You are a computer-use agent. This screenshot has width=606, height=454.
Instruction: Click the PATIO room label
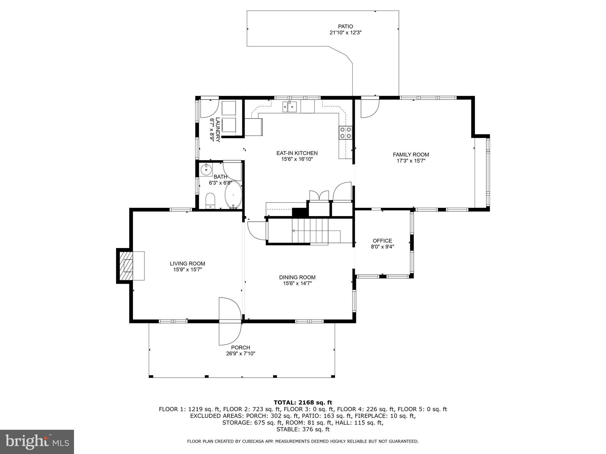[x=346, y=27]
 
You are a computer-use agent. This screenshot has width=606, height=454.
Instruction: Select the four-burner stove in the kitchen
[x=346, y=132]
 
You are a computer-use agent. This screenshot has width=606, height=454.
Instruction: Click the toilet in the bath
[x=210, y=201]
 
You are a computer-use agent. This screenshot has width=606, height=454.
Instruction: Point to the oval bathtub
[x=233, y=195]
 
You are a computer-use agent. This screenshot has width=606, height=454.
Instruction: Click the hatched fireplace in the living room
[x=126, y=266]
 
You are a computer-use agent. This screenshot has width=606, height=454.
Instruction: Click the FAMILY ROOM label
[x=411, y=155]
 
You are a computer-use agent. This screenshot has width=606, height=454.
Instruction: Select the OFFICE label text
[x=382, y=241]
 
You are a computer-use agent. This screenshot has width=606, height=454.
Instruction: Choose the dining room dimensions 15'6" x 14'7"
[x=297, y=283]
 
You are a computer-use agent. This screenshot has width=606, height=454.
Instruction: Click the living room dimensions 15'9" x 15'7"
[x=188, y=270]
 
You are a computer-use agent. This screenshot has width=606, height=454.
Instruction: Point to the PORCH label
[x=241, y=348]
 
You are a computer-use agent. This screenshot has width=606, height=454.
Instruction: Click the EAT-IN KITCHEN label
[x=297, y=153]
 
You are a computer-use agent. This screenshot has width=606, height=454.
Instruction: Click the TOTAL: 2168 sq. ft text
[x=303, y=403]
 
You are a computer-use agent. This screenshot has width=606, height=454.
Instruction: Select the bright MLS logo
[x=37, y=442]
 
